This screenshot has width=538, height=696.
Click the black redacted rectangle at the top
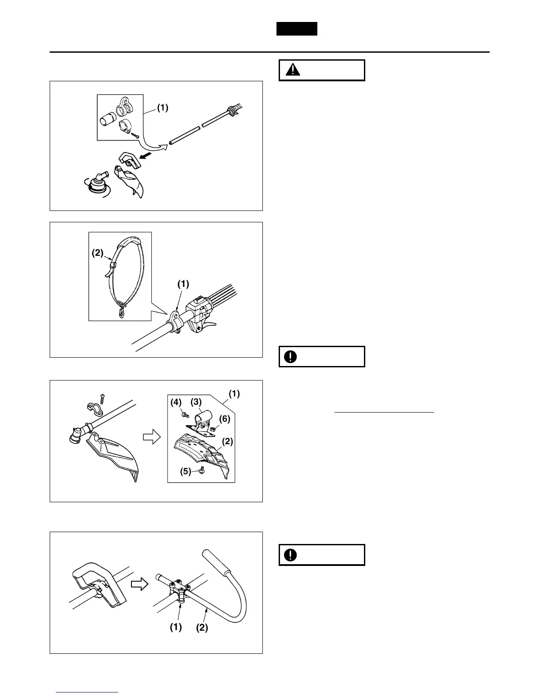297,29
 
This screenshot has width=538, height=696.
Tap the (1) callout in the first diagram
163,108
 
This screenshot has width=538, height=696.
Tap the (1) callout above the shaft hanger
183,284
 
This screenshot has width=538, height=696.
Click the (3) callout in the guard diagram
196,402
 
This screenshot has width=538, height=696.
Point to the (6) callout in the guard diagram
225,419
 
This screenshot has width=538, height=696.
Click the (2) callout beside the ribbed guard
227,442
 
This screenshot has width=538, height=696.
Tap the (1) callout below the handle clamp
176,627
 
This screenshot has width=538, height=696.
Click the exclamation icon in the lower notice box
291,555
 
